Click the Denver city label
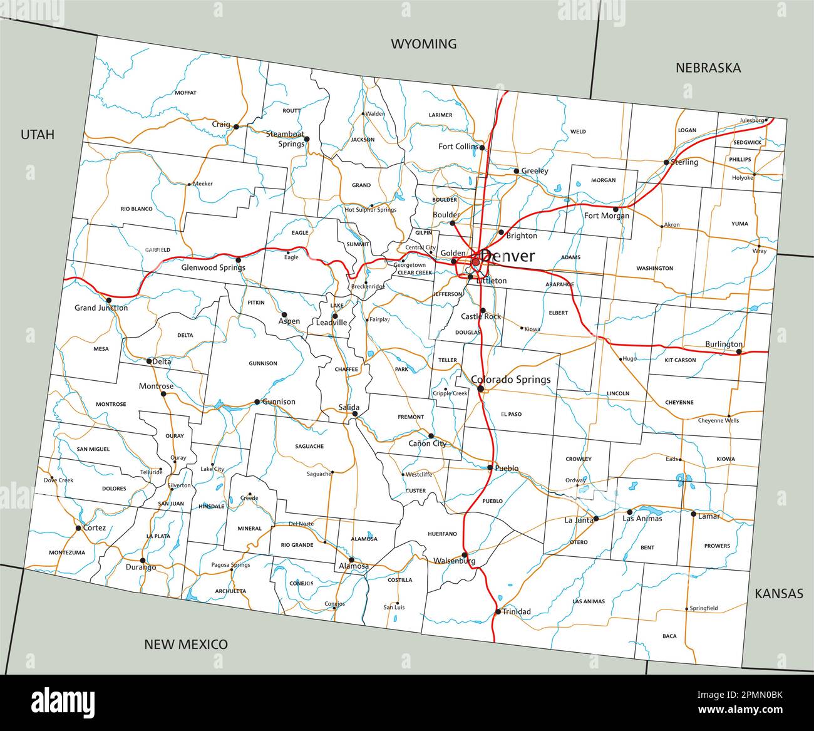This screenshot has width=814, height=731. (x=508, y=256)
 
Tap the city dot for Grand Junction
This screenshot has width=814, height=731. (x=109, y=300)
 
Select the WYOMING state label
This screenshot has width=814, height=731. (x=424, y=44)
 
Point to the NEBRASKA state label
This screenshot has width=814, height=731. (x=708, y=68)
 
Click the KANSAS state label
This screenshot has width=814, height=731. (x=779, y=593)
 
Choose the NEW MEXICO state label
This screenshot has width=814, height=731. (x=186, y=644)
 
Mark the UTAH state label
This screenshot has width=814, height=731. (x=38, y=134)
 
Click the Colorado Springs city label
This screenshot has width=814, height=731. (x=510, y=379)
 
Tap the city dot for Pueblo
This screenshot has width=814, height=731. (x=490, y=467)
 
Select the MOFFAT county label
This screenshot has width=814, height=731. (x=185, y=93)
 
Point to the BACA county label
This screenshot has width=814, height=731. (x=669, y=636)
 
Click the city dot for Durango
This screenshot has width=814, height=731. (x=143, y=560)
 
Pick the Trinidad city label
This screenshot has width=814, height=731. (x=517, y=611)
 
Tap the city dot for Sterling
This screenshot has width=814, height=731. (x=666, y=162)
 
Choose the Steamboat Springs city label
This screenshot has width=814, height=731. (x=285, y=138)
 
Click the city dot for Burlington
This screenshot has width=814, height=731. (x=739, y=351)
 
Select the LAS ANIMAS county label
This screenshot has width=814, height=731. (x=589, y=601)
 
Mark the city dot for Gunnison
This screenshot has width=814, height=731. (x=257, y=402)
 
